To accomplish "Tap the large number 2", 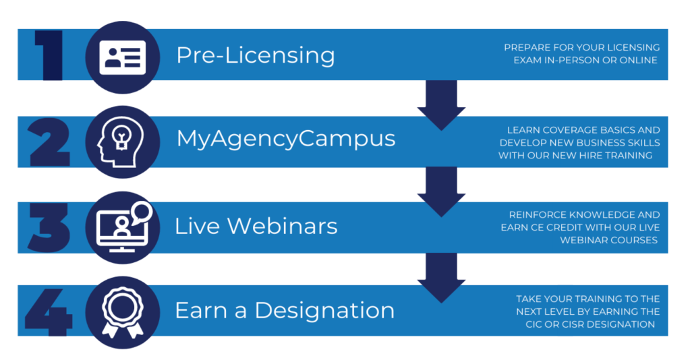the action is [x=49, y=142].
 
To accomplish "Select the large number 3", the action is [x=49, y=228].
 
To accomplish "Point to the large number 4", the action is [x=49, y=312].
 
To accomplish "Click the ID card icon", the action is [x=123, y=57].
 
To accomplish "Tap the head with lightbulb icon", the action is [x=120, y=142].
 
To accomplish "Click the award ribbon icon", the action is [x=122, y=312].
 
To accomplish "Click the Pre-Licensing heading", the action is [x=256, y=55].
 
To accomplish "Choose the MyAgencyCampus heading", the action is [x=286, y=139].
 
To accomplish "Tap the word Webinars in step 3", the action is [x=283, y=227].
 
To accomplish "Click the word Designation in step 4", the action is [x=324, y=311].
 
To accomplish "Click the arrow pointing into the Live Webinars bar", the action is [x=441, y=192].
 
